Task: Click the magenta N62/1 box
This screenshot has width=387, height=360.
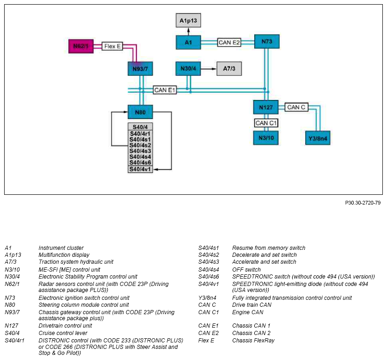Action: coord(81,46)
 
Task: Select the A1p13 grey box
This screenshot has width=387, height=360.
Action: coord(188,20)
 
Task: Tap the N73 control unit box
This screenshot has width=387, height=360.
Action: coord(267,42)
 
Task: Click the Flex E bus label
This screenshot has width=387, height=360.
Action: coord(112,46)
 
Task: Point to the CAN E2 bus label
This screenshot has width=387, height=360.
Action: coord(229,43)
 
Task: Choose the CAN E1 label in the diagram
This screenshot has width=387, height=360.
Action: coord(165,90)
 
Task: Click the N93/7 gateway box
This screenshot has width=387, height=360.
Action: coord(140,68)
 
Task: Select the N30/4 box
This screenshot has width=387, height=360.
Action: coord(188,68)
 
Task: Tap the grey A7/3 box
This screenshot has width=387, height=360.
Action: coord(229,68)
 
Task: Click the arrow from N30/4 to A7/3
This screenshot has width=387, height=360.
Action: coord(209,68)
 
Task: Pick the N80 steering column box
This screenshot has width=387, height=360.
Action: coord(140,112)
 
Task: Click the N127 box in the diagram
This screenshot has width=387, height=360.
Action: coord(266,107)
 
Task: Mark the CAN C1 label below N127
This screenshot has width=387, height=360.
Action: coord(266,123)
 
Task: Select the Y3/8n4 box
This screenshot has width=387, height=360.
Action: coord(318,138)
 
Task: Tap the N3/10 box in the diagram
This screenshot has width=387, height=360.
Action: coord(266,138)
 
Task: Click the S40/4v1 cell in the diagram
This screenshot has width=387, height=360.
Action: coord(140,169)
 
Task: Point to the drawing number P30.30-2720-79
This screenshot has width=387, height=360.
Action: coord(363,203)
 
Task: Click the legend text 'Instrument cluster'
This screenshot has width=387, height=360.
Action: coord(61,248)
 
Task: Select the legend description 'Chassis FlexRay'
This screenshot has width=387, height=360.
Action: coord(253,341)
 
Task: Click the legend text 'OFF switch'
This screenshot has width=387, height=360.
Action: coord(246,270)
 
